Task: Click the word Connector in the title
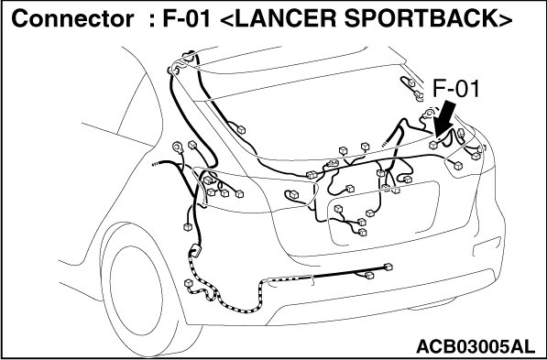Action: tap(72, 18)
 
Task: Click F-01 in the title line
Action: tap(186, 18)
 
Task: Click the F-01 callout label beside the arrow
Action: tap(456, 89)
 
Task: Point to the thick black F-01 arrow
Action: tap(445, 119)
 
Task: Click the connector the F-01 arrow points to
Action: tap(433, 145)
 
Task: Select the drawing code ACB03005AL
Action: tap(476, 347)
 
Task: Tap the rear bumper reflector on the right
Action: tap(487, 246)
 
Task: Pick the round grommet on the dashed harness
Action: tap(194, 251)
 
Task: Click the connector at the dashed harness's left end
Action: tap(189, 283)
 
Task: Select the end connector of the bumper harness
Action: tap(388, 267)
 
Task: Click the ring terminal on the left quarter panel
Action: tap(179, 147)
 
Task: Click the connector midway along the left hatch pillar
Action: tap(241, 130)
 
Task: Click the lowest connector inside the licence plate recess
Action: tap(363, 233)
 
